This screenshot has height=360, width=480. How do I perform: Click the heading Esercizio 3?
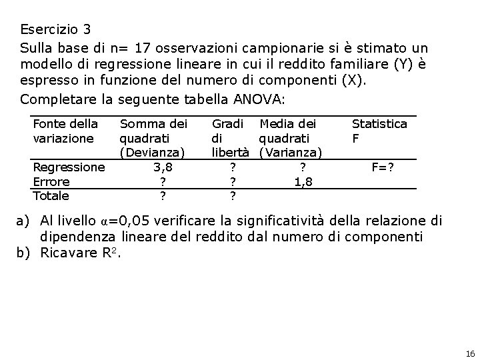coord(55,30)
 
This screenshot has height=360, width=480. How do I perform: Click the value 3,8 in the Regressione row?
coord(163,167)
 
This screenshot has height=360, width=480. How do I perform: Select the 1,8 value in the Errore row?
coord(303,181)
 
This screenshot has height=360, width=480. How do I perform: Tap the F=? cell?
coord(383,167)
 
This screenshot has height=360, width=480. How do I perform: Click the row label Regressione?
coord(69,167)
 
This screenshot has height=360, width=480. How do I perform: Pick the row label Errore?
coord(51,181)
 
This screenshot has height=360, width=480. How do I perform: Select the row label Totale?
coord(51,195)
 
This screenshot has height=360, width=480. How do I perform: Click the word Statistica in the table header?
coord(379,124)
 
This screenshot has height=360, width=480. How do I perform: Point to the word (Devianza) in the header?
coord(151,153)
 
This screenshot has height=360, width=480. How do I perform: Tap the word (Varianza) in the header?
coord(291,153)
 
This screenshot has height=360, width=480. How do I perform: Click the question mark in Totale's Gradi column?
coord(232,195)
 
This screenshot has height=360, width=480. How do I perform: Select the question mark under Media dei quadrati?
coord(303,167)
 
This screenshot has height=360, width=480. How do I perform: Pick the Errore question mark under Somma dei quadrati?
coord(163,181)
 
